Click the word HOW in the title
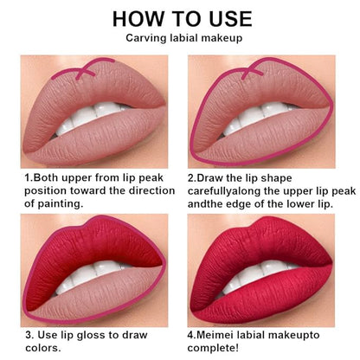[138, 19]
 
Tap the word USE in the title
[230, 19]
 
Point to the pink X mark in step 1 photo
[86, 71]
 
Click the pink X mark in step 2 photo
[253, 71]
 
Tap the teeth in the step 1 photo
[89, 119]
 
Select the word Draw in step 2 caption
[209, 178]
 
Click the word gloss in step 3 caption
[91, 336]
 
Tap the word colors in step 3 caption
[42, 348]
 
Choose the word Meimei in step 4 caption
[215, 335]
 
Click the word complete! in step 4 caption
[213, 348]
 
